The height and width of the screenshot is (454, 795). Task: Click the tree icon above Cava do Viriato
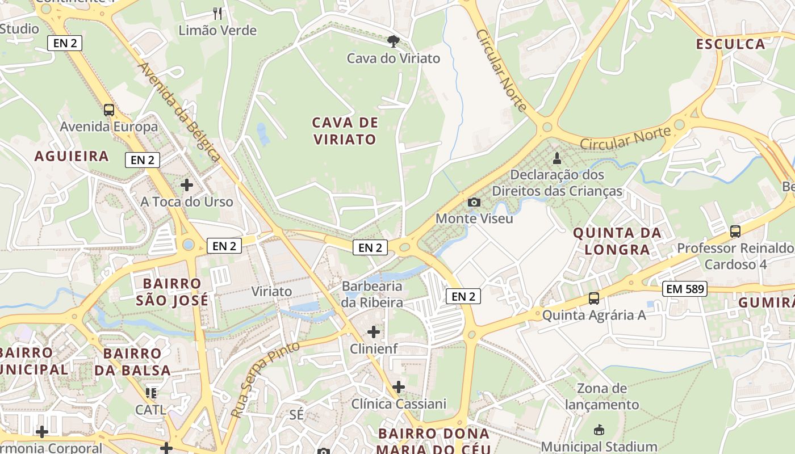click(392, 41)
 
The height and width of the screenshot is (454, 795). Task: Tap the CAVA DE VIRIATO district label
click(344, 131)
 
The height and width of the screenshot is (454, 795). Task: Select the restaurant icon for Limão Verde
click(217, 13)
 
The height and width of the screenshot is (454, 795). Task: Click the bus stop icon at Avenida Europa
click(109, 110)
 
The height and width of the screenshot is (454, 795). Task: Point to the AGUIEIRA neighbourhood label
click(72, 156)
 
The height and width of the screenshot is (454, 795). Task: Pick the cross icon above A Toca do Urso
click(187, 185)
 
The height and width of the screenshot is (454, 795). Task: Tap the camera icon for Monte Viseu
click(474, 202)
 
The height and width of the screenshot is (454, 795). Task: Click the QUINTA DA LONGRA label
click(617, 241)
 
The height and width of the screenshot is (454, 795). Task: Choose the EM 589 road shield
click(685, 289)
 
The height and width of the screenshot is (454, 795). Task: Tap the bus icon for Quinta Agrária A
click(594, 298)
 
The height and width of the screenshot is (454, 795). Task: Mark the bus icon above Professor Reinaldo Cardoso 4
click(735, 231)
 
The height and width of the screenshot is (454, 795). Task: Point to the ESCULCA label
click(731, 44)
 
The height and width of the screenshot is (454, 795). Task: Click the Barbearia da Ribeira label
click(373, 295)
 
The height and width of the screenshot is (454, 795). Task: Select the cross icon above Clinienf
click(374, 331)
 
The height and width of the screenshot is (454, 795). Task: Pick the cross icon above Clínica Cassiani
click(399, 387)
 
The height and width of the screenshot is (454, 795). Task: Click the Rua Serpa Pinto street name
click(265, 380)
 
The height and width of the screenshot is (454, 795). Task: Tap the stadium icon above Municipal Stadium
click(599, 430)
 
